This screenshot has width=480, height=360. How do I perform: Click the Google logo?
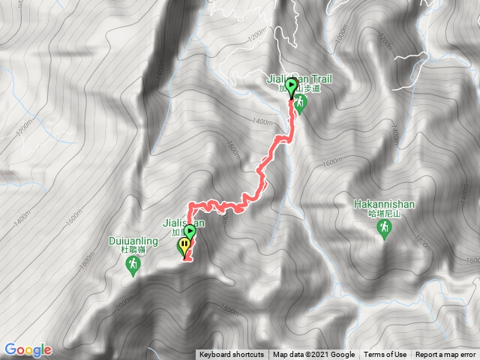tap(28, 349)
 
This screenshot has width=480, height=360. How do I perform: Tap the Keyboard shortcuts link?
tap(231, 355)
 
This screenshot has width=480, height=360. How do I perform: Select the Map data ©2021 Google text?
tap(313, 355)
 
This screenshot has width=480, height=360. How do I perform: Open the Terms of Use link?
tap(385, 355)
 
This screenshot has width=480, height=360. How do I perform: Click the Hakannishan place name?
tap(383, 202)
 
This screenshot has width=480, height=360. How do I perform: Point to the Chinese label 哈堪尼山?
tap(383, 212)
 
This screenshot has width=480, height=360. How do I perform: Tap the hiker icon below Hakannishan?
tap(384, 228)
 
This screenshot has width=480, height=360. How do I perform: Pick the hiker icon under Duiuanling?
tap(133, 267)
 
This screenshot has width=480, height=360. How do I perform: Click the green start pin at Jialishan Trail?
tap(290, 93)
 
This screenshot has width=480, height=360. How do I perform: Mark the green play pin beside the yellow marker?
tap(190, 233)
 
